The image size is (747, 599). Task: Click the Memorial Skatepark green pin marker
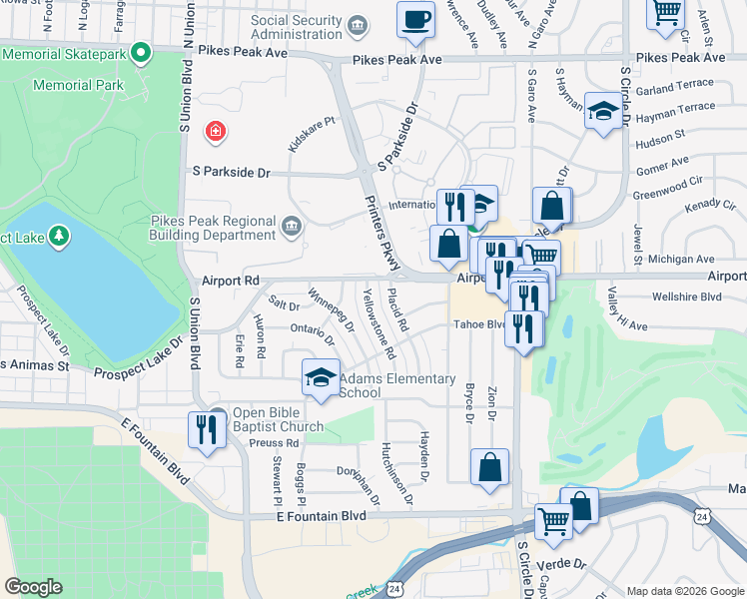point(141,51)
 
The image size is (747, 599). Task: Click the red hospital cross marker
point(214,131)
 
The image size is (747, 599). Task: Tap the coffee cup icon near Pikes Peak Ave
point(415,19)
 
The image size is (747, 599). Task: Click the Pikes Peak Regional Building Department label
point(213,228)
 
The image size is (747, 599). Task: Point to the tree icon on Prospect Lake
point(60,236)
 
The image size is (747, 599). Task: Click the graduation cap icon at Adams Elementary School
point(320,377)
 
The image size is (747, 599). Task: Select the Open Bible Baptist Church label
point(278,420)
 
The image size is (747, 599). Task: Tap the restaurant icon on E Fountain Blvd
point(206,430)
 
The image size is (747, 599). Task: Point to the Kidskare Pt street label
point(310,134)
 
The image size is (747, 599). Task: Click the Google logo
point(34,587)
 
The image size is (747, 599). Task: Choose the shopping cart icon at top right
point(665,13)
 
